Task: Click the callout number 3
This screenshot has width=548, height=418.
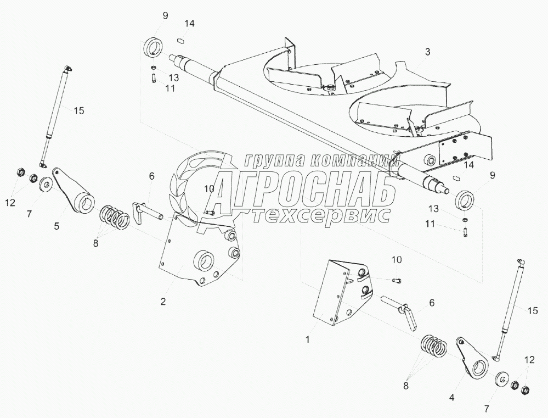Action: (427, 52)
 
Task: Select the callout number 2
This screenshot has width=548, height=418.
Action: (163, 300)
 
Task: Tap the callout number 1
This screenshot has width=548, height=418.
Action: (308, 339)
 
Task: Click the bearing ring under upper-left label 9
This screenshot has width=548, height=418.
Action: (153, 47)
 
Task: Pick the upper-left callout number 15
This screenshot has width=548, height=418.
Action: (78, 110)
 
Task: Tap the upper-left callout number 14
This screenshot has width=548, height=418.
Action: (189, 24)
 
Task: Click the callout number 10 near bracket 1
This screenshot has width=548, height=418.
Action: (397, 259)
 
